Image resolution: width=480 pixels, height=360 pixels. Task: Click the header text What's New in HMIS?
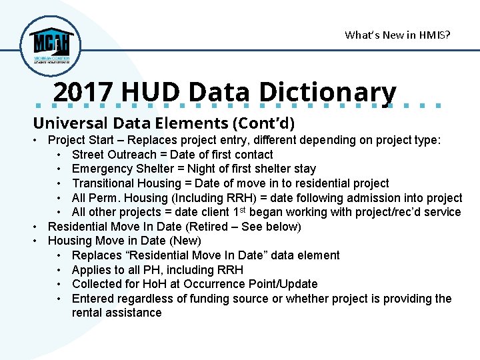pyautogui.click(x=397, y=35)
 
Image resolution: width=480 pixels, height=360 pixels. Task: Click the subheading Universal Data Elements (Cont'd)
pyautogui.click(x=163, y=123)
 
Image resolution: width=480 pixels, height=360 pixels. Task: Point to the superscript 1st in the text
pyautogui.click(x=243, y=211)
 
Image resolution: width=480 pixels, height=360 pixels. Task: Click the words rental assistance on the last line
pyautogui.click(x=117, y=313)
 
